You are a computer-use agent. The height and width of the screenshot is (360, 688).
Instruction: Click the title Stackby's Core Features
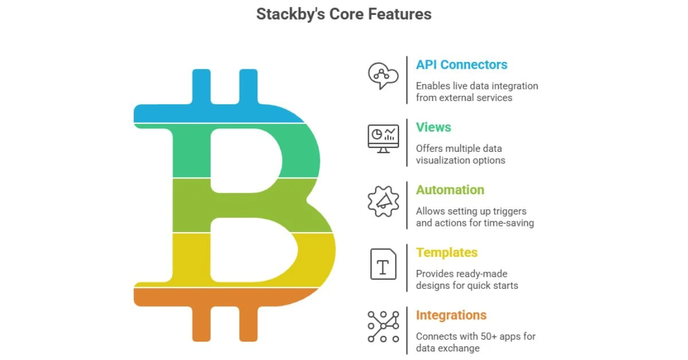click(x=343, y=14)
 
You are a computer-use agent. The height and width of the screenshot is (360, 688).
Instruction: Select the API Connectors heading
click(x=462, y=65)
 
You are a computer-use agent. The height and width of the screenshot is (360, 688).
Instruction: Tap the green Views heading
click(x=433, y=127)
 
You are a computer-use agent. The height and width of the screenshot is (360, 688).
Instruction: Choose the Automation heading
click(x=450, y=190)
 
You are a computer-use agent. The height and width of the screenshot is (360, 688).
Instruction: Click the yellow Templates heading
click(x=447, y=252)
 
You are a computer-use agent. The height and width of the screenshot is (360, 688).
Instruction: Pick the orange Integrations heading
click(x=451, y=315)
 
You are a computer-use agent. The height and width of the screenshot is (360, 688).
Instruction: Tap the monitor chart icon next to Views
click(x=383, y=139)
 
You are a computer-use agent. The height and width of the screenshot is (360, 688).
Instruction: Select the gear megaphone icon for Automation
click(x=382, y=201)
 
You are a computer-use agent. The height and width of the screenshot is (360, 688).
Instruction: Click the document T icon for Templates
click(x=383, y=264)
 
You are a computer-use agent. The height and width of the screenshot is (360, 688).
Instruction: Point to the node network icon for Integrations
click(x=383, y=326)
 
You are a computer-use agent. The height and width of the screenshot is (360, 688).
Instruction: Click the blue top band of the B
click(x=218, y=112)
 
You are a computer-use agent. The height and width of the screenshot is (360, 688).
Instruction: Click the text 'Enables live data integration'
click(x=477, y=86)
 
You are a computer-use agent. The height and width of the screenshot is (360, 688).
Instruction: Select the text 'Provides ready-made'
click(x=462, y=273)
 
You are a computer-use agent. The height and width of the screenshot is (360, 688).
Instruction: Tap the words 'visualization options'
click(x=460, y=160)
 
